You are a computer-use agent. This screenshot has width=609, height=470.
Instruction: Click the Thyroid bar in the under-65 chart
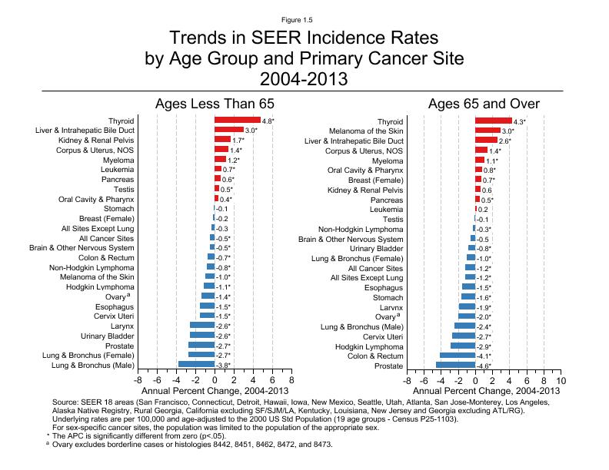pos(237,121)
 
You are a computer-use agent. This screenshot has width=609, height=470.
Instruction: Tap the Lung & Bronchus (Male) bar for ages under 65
pos(196,365)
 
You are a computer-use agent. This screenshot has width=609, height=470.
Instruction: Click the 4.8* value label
pos(268,121)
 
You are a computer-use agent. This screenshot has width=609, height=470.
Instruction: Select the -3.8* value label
pos(223,366)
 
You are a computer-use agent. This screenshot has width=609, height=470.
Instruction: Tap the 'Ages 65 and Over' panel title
pos(484,104)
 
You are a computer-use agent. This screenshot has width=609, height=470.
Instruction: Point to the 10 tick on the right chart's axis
pos(561,380)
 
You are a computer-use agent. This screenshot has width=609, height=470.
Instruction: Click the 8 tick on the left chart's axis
pos(291,380)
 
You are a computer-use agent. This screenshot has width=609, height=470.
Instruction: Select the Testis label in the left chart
pos(123,189)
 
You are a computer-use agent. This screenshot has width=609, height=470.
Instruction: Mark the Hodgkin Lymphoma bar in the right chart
pos(463,346)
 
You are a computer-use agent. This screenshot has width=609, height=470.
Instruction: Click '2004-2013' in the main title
pos(304,78)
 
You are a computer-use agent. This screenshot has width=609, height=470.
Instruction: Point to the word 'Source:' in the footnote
pos(66,402)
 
